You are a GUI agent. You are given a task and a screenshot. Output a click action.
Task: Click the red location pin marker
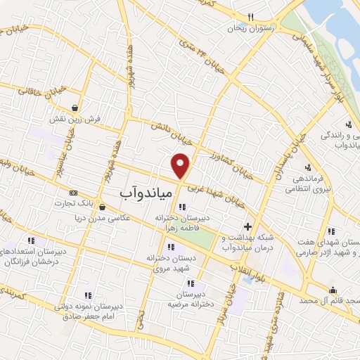[x=181, y=165]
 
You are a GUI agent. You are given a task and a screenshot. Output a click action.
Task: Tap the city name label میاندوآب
[x=138, y=191]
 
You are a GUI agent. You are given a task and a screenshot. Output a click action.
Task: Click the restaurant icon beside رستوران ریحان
[x=251, y=18]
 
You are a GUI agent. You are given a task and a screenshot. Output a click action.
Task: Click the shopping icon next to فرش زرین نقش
[x=75, y=108]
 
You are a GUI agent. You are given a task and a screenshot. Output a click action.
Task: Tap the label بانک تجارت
[x=74, y=203]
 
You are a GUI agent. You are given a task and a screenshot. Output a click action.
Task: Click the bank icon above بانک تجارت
[x=73, y=192]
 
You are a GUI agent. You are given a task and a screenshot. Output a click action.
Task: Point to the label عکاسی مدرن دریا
[x=127, y=217]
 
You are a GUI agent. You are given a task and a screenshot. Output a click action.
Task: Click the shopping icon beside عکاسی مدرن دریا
[x=103, y=207]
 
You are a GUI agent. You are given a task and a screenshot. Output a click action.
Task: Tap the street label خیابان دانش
[x=168, y=134]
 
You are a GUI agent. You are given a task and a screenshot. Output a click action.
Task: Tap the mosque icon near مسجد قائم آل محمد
[x=333, y=289]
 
